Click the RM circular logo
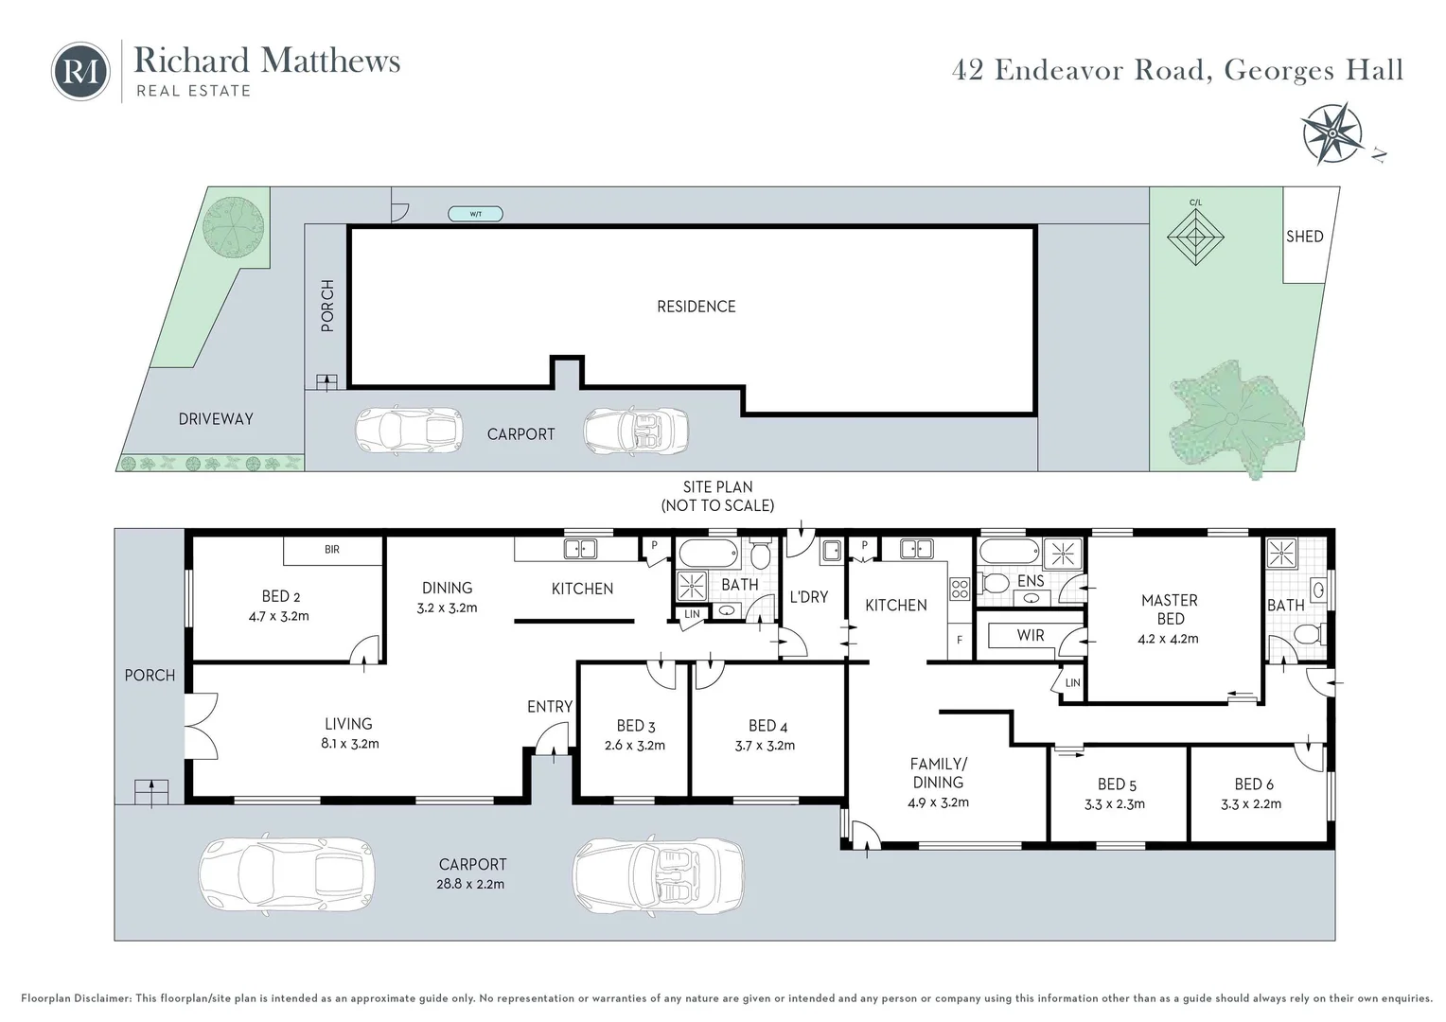(80, 71)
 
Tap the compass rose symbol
(1332, 133)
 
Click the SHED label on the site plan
(1305, 237)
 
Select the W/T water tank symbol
(475, 214)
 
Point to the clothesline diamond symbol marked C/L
(1195, 237)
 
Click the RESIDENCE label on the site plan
(696, 306)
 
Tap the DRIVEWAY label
(216, 419)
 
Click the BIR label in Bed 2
(332, 550)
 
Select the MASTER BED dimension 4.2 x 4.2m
(1168, 639)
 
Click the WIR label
(1031, 635)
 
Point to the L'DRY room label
(808, 596)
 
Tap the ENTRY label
(550, 706)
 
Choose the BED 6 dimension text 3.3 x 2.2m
(1251, 803)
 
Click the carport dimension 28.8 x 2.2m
(470, 884)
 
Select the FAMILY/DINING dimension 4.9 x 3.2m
(938, 802)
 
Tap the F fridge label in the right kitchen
(960, 640)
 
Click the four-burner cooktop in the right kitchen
(960, 589)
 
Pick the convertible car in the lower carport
(658, 874)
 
